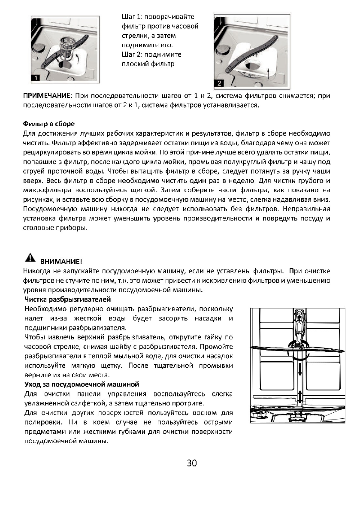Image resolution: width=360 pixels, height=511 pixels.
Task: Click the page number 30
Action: [x=191, y=463]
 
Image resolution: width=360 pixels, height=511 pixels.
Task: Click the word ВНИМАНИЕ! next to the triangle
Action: [x=61, y=261]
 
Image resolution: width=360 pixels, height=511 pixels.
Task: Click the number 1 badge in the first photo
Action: [x=36, y=77]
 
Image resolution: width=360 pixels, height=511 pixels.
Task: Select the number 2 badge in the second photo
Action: [x=219, y=82]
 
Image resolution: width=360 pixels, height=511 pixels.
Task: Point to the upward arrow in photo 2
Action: [x=268, y=70]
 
